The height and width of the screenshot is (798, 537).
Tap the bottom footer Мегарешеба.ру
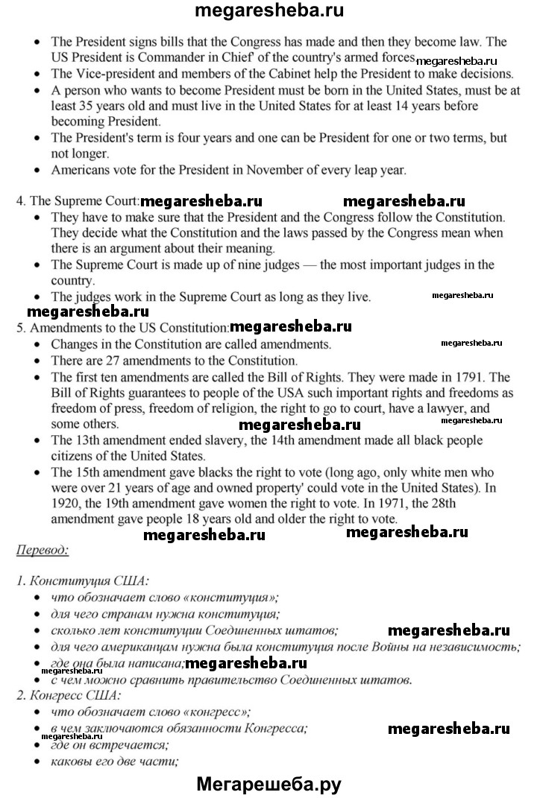269,783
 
